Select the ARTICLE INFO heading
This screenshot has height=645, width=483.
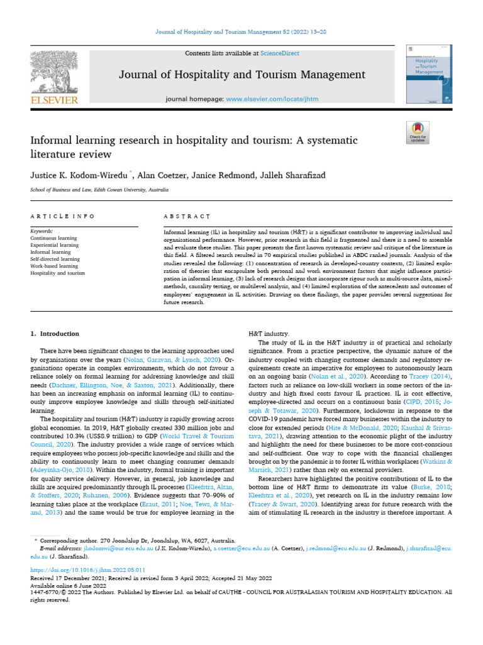click(62, 217)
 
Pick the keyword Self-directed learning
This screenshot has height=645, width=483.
click(55, 259)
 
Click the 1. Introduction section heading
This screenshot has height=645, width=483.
click(55, 334)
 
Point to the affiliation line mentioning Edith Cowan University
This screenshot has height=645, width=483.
click(99, 190)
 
